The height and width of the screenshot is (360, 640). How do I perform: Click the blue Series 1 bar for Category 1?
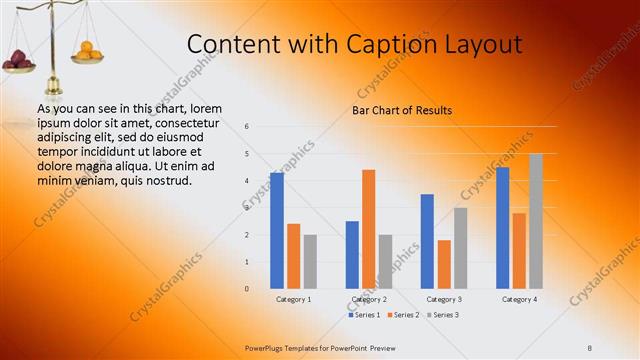point(277,231)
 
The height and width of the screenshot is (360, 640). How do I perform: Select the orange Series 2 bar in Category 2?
point(369,229)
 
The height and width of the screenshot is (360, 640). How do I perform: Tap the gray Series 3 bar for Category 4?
point(536,221)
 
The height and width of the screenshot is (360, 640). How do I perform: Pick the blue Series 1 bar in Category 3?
point(427,241)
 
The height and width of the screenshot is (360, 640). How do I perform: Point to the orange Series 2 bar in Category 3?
point(444,264)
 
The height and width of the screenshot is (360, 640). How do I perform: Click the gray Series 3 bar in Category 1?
point(310,261)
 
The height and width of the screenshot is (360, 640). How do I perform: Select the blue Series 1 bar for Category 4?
point(502,228)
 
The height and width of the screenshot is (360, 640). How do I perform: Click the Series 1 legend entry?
point(364,315)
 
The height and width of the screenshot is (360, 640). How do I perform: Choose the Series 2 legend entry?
point(402,315)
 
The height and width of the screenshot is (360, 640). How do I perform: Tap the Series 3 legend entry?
point(443,315)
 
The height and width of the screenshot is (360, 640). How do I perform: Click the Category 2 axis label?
point(369,299)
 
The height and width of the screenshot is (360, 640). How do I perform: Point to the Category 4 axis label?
point(519,299)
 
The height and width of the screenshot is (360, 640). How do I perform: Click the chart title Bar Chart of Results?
point(401,110)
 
